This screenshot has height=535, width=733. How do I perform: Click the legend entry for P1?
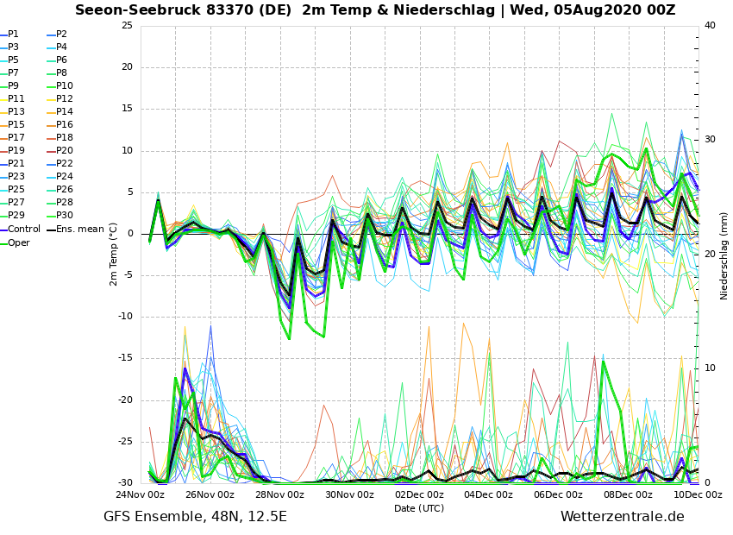click(x=14, y=35)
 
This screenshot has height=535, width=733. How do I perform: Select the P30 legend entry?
click(x=65, y=216)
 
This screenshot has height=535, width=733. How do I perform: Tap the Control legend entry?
click(x=24, y=230)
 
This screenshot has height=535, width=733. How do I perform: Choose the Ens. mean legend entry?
click(x=79, y=230)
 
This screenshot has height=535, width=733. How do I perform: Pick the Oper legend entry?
click(x=19, y=243)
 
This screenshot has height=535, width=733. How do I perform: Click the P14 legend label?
click(x=65, y=112)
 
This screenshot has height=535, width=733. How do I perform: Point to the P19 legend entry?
click(x=16, y=151)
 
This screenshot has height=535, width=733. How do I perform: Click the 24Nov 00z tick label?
click(x=140, y=495)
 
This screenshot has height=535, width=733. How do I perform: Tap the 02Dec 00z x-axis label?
click(x=419, y=495)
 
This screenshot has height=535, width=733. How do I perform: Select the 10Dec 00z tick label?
click(x=698, y=495)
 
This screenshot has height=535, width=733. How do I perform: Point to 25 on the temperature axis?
click(x=127, y=25)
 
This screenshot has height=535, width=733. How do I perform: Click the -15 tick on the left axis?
click(x=124, y=358)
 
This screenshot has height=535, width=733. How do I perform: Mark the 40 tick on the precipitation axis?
click(x=710, y=25)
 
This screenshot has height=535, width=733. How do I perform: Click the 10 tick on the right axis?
click(x=710, y=368)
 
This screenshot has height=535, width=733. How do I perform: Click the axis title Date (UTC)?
click(x=419, y=509)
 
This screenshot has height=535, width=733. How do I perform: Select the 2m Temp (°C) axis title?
click(x=114, y=254)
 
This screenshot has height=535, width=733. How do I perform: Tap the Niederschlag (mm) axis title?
click(x=724, y=254)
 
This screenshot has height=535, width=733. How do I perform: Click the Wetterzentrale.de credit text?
click(x=622, y=517)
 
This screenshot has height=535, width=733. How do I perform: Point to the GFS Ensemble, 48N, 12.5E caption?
click(x=195, y=517)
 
